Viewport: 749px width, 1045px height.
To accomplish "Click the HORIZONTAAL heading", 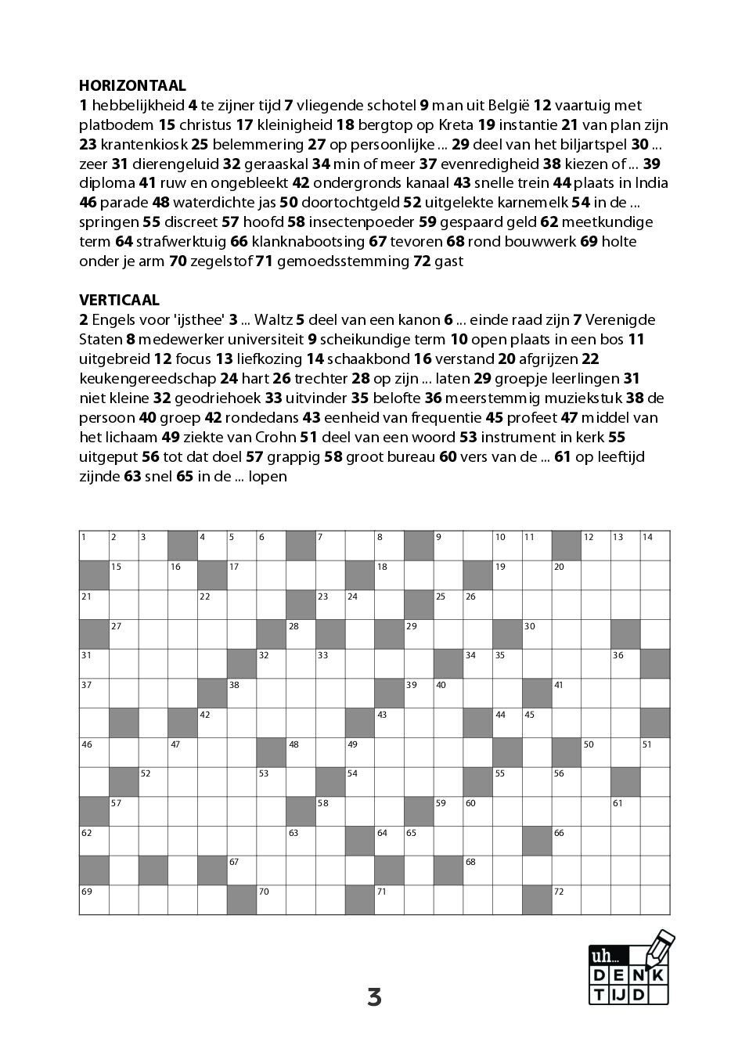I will [x=132, y=85].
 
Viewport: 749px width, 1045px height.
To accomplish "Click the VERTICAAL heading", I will [x=119, y=300].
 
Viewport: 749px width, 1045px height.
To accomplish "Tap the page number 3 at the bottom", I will [x=374, y=997].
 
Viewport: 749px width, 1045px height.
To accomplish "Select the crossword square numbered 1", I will [x=94, y=546].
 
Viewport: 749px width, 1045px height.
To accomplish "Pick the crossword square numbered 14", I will [x=655, y=546].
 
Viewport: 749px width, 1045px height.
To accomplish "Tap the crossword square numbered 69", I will [x=94, y=899].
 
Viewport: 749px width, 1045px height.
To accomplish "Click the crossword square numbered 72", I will [x=567, y=899].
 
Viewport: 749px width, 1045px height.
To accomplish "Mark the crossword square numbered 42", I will [x=212, y=722].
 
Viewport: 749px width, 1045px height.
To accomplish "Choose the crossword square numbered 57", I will [x=124, y=811].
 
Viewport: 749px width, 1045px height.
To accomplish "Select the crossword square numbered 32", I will [x=271, y=664].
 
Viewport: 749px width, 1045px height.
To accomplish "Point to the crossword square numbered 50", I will [x=596, y=752].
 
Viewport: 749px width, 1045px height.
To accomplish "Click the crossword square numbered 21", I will [x=94, y=605].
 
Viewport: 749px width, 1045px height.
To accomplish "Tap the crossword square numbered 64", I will [x=389, y=841].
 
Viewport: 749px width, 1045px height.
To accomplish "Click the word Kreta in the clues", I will [x=456, y=124].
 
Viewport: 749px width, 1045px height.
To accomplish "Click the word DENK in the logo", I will [x=629, y=975].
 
